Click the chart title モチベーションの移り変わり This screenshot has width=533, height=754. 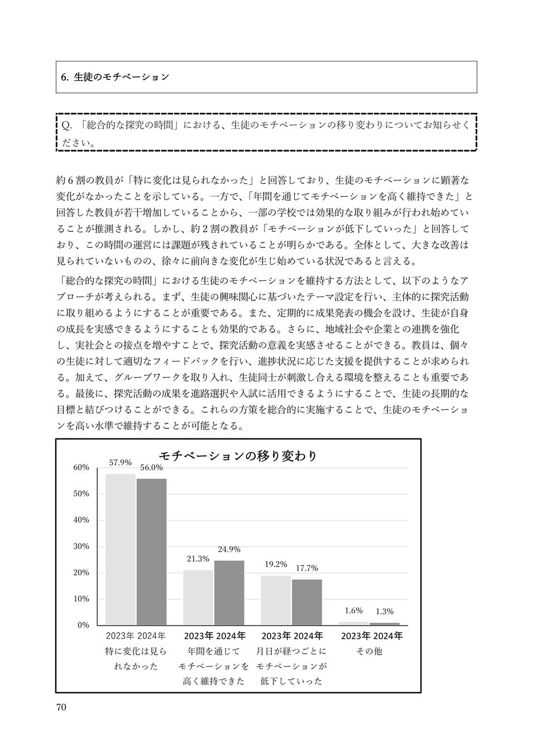(238, 456)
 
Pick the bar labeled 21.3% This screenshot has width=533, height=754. (198, 597)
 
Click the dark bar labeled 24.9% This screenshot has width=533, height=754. (229, 593)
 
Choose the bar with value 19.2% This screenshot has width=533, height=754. (276, 600)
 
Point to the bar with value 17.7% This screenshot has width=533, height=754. (306, 602)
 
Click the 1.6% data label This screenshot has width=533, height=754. (353, 610)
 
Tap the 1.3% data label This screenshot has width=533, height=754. (384, 612)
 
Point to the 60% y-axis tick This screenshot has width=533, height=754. (81, 467)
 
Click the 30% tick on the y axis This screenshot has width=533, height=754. (81, 546)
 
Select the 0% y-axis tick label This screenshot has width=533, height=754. (83, 625)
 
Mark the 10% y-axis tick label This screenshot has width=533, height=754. (81, 599)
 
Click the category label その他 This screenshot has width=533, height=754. (369, 651)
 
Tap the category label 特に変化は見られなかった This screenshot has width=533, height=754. (136, 658)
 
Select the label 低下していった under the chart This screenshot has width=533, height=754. (291, 681)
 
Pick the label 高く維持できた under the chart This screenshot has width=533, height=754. (214, 681)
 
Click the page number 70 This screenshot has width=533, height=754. (61, 707)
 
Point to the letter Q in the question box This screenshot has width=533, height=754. (65, 126)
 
